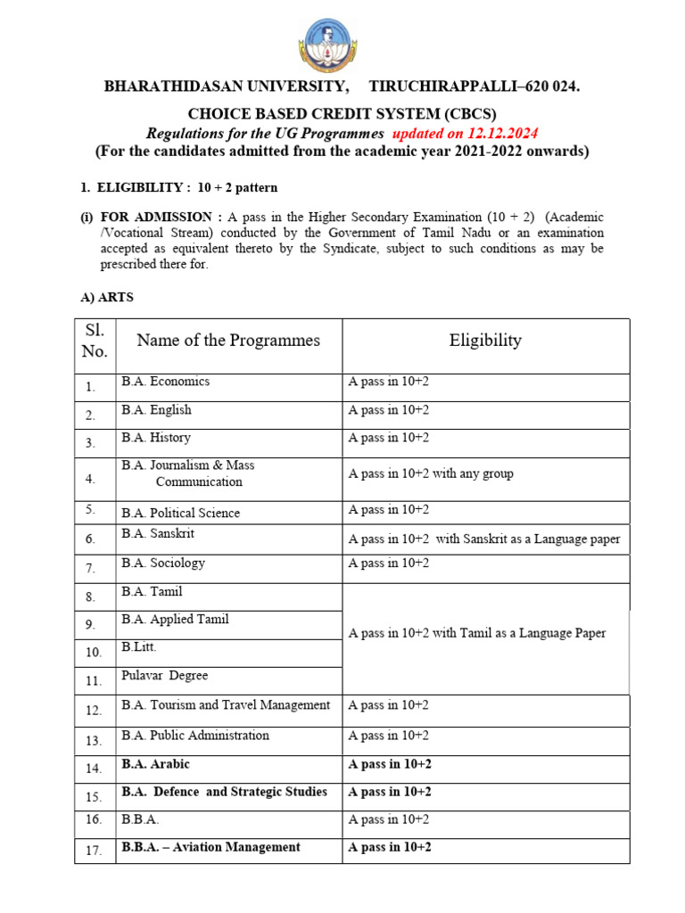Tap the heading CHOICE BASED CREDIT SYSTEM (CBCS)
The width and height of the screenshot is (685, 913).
(342, 113)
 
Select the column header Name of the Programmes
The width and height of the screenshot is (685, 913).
(228, 340)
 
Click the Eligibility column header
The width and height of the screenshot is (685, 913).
(485, 340)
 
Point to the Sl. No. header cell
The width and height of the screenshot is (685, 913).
(95, 341)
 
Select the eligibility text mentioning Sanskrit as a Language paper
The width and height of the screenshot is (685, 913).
(483, 539)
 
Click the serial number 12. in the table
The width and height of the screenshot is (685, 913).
(95, 711)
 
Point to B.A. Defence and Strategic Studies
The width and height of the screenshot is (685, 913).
(224, 792)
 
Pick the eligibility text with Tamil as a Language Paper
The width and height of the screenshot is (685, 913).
(476, 633)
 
